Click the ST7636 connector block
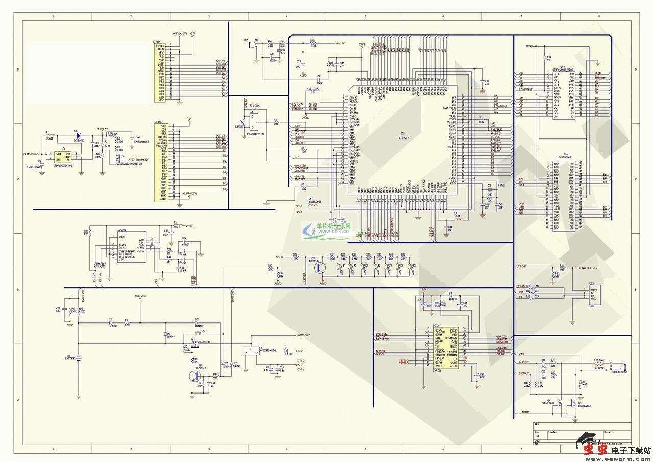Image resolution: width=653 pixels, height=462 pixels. [x=160, y=72]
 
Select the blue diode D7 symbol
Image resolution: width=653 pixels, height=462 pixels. [x=77, y=136]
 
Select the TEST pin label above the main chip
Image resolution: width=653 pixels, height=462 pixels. [x=362, y=45]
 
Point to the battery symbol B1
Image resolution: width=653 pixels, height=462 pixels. [x=79, y=358]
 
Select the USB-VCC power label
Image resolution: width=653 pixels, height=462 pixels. [x=140, y=296]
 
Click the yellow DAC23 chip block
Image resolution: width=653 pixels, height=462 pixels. [x=446, y=348]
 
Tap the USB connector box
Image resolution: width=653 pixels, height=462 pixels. [x=594, y=295]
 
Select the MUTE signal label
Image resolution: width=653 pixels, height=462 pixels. [x=525, y=411]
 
